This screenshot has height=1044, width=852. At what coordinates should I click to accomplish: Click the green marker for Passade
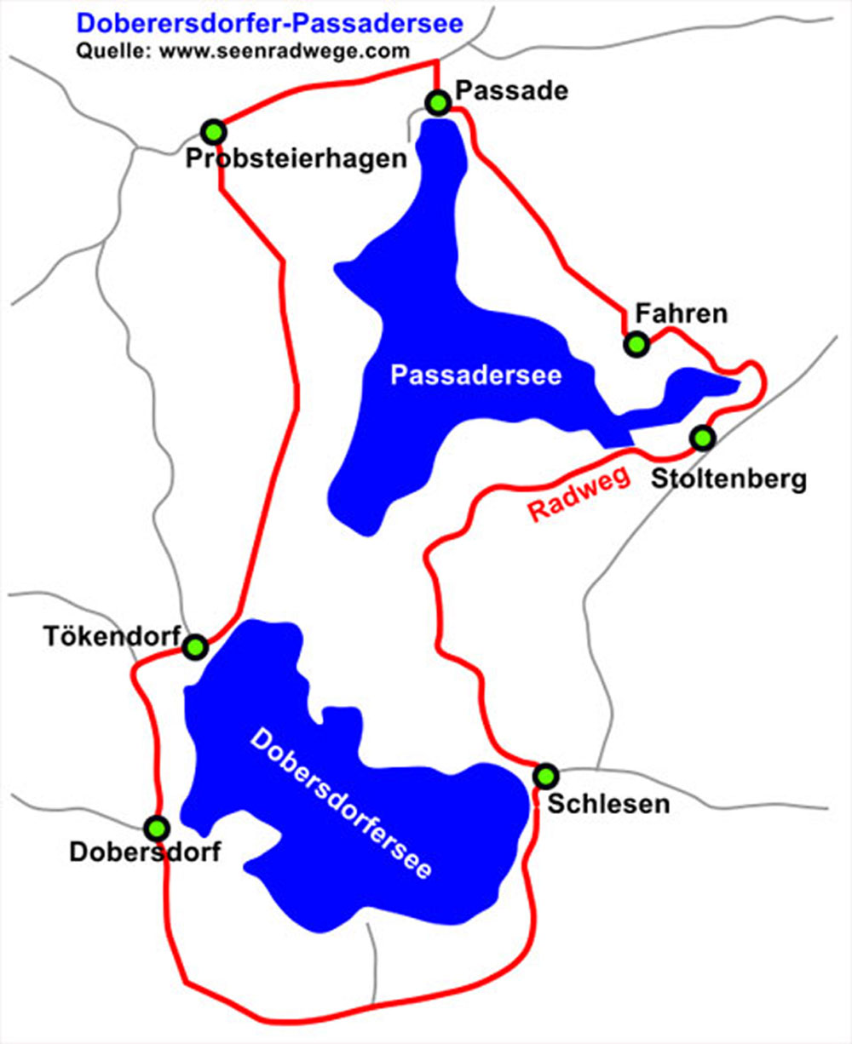[438, 103]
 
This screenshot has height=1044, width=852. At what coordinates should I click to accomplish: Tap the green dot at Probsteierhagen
[214, 132]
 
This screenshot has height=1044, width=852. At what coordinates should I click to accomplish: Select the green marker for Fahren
[636, 344]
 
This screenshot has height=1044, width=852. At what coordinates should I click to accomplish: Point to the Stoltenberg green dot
[702, 438]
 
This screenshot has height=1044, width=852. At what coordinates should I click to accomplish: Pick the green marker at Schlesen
[545, 776]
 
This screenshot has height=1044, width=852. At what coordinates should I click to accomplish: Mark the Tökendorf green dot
[195, 647]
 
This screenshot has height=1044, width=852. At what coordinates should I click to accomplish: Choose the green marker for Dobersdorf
[157, 828]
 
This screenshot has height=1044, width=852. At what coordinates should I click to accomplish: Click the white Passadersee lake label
[475, 375]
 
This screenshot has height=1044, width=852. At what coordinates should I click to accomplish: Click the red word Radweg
[579, 495]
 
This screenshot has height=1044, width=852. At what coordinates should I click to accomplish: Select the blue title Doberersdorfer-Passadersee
[270, 23]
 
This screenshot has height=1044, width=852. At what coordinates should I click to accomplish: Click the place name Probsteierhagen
[296, 159]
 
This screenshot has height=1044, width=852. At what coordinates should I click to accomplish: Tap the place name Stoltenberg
[728, 479]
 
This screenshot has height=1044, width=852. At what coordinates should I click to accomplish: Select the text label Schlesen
[608, 803]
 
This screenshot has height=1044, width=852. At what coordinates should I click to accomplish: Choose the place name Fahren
[680, 313]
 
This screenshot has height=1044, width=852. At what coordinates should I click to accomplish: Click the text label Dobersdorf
[145, 852]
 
